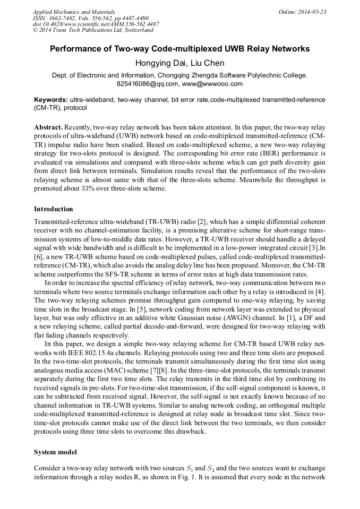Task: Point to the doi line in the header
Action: pyautogui.click(x=96, y=24)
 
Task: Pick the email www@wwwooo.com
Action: pyautogui.click(x=212, y=84)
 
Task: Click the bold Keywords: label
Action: pyautogui.click(x=51, y=100)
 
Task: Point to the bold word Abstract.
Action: pyautogui.click(x=49, y=128)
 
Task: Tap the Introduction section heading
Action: pyautogui.click(x=54, y=209)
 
